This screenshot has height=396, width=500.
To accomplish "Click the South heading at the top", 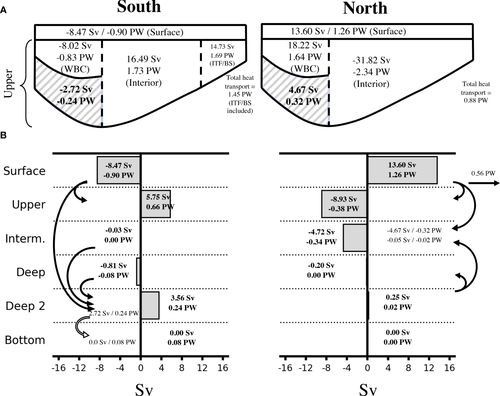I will pyautogui.click(x=139, y=7).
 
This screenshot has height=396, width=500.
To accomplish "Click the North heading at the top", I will pyautogui.click(x=365, y=8).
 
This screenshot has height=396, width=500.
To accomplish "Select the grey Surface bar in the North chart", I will pyautogui.click(x=402, y=170).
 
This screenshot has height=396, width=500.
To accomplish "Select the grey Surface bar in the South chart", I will pyautogui.click(x=119, y=170).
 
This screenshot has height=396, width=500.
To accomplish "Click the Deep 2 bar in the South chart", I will pyautogui.click(x=150, y=305).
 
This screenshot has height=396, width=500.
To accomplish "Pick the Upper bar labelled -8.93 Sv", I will pyautogui.click(x=344, y=204).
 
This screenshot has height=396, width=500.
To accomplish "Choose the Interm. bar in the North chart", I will pyautogui.click(x=355, y=238).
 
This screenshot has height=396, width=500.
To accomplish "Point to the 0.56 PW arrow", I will pyautogui.click(x=484, y=183).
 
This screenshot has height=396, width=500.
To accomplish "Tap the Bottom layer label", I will pyautogui.click(x=25, y=340).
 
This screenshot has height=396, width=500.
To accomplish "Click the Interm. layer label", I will pyautogui.click(x=25, y=239).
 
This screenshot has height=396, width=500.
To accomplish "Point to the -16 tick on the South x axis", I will pyautogui.click(x=58, y=368).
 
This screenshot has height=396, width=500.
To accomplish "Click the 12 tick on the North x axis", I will pyautogui.click(x=429, y=368).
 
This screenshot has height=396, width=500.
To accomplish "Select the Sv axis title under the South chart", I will pyautogui.click(x=144, y=389).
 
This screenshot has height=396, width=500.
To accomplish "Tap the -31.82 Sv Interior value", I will pyautogui.click(x=371, y=60).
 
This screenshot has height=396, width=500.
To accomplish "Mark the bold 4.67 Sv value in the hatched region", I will pyautogui.click(x=304, y=90).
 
